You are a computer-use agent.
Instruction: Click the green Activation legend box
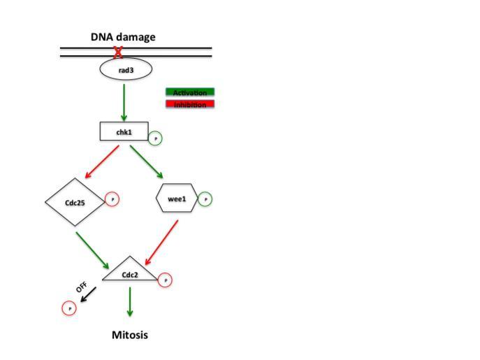coord(189,92)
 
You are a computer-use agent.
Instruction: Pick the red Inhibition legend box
coord(189,105)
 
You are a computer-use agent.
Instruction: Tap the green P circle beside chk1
coord(155,138)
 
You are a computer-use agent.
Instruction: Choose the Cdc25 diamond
coord(74,202)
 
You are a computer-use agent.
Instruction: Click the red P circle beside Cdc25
coord(112,199)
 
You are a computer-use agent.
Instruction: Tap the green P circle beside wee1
coord(205,199)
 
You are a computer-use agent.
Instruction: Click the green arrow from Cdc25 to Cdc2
coord(92,250)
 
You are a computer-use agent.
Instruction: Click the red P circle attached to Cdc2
coord(165,280)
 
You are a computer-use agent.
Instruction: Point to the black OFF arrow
coord(88,295)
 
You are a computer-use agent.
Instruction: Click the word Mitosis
coord(130,335)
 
